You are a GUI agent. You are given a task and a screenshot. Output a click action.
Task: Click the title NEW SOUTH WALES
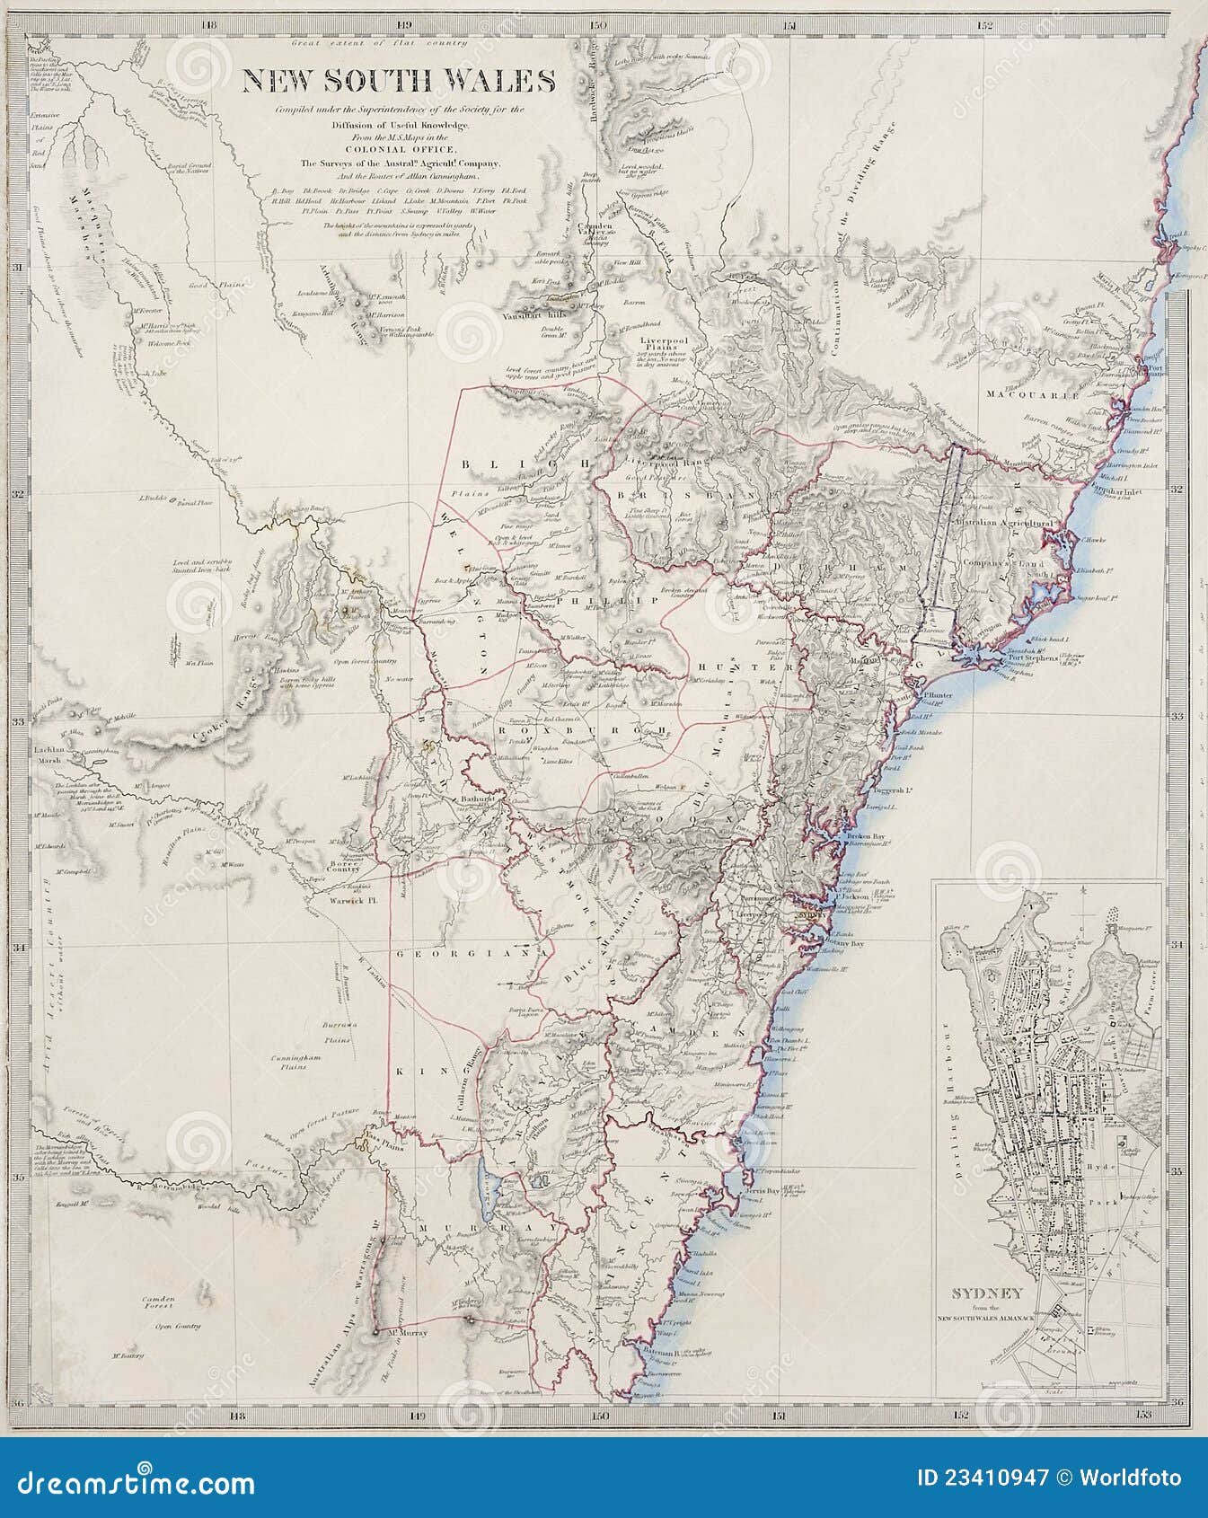coord(399,81)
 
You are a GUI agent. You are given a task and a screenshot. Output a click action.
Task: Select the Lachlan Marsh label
coord(48,754)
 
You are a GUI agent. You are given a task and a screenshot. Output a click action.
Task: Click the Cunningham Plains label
coord(295,1063)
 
